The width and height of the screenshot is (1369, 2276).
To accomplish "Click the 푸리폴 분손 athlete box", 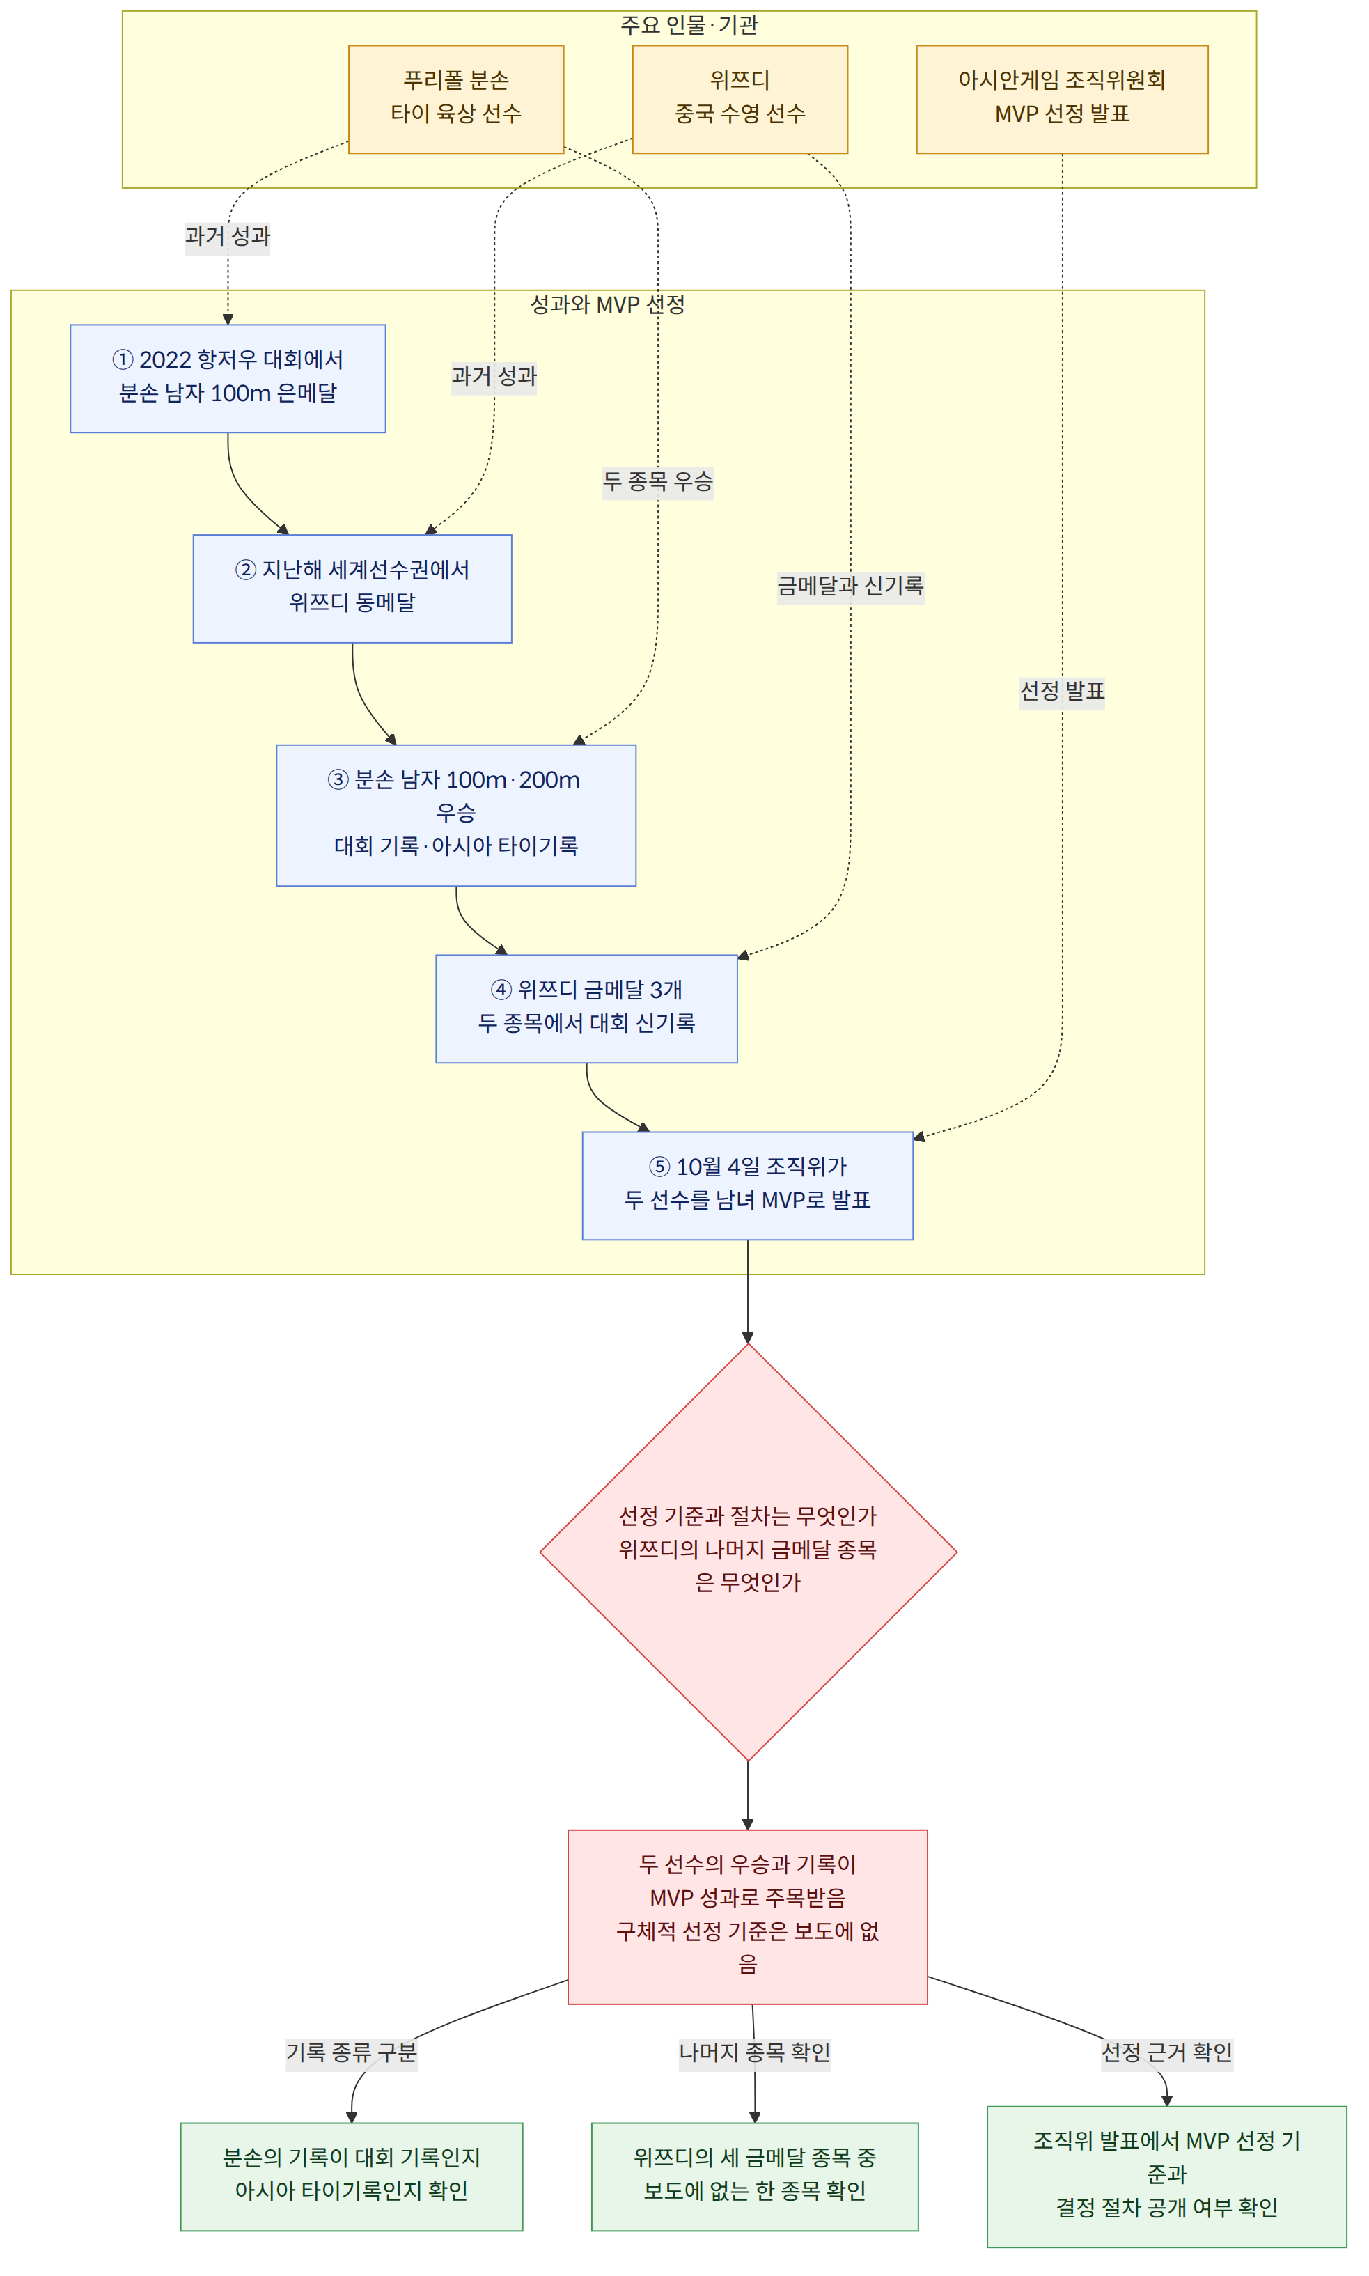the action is (455, 100).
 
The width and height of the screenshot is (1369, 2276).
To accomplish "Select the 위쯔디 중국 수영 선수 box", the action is (740, 100).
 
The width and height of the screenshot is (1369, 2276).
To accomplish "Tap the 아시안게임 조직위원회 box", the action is (1062, 100).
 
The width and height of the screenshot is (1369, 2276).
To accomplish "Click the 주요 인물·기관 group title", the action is (689, 25).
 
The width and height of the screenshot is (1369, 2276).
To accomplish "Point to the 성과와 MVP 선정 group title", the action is (608, 304).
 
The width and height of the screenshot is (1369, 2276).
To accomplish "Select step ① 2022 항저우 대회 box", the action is (228, 378).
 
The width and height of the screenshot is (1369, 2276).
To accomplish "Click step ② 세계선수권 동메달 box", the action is (352, 589).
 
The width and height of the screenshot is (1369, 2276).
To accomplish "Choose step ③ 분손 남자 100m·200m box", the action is (455, 816).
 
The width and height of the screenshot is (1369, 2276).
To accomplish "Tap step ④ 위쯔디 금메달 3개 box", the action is (587, 1009).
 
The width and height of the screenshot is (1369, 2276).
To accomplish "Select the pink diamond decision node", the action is (748, 1552).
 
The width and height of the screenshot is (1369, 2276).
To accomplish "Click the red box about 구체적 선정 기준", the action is (748, 1917).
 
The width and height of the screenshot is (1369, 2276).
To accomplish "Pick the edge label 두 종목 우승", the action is (658, 481).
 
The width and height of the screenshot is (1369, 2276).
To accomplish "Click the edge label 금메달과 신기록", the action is (850, 586).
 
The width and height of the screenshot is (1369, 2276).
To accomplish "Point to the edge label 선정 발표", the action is (1062, 691).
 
